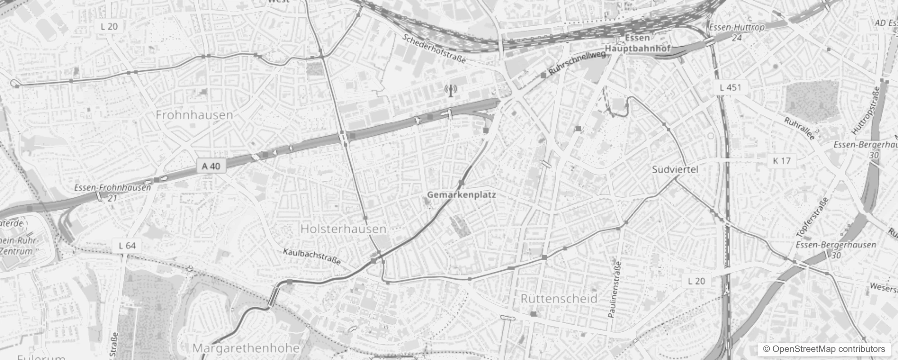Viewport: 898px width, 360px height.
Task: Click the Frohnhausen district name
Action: (194, 115)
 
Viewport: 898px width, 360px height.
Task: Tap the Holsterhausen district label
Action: (343, 229)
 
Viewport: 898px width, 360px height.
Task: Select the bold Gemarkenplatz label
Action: (461, 195)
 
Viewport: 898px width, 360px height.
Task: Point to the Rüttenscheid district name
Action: (559, 298)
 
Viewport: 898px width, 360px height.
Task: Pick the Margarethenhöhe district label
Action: (246, 348)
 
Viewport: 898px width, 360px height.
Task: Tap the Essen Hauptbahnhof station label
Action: (638, 43)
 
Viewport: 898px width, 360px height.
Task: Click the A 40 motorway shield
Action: (211, 166)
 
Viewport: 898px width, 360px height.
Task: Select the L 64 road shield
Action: (127, 246)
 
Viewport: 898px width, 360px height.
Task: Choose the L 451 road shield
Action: (730, 87)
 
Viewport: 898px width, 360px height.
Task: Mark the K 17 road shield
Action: (781, 161)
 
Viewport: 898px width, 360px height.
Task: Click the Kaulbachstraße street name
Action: (312, 256)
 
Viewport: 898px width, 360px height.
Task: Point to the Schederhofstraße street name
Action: (434, 49)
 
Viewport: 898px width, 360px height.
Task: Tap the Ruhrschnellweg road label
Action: (577, 64)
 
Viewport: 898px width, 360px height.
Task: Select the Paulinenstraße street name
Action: (614, 289)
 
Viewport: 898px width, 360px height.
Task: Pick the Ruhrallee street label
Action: (799, 129)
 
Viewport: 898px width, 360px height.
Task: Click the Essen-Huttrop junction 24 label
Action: (736, 32)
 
